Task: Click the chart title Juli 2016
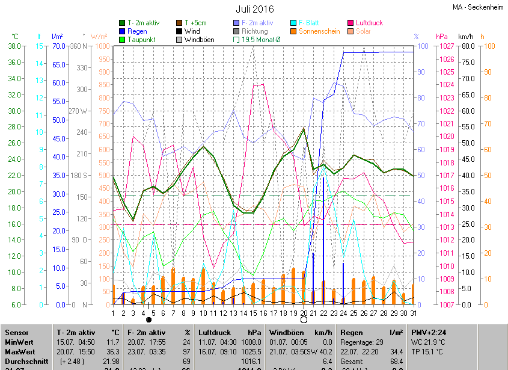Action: (254, 9)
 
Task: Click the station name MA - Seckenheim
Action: (479, 8)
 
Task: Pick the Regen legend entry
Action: (136, 31)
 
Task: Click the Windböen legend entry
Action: (198, 40)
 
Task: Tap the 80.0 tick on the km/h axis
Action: (469, 46)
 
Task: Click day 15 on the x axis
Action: (254, 313)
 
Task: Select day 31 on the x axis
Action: (414, 313)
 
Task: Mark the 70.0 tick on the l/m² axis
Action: (58, 46)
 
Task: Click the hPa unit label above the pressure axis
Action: (442, 37)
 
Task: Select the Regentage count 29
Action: (396, 342)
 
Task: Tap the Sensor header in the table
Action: (17, 332)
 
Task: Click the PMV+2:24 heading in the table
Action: (428, 332)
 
